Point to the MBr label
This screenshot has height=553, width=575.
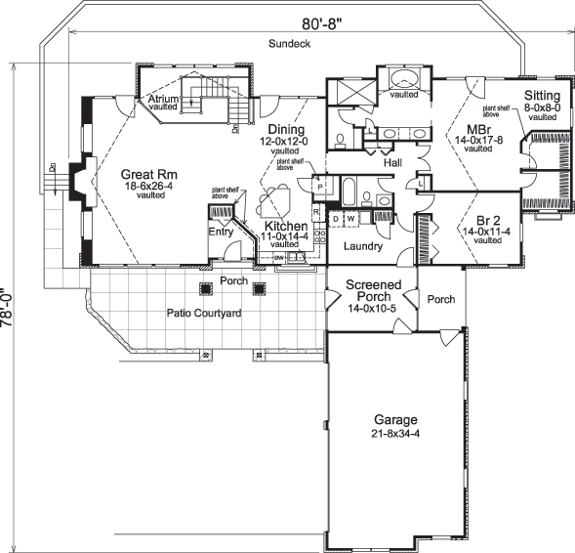[477, 129]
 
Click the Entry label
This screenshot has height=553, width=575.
[221, 232]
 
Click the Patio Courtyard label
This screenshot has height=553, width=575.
[204, 313]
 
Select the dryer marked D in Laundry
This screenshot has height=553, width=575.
[337, 218]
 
